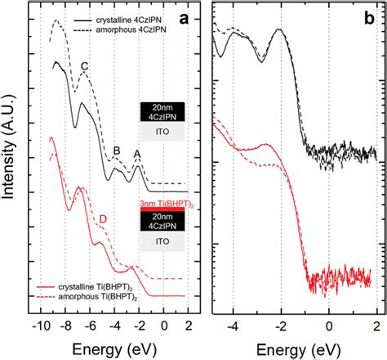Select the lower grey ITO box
pos(162,243)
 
